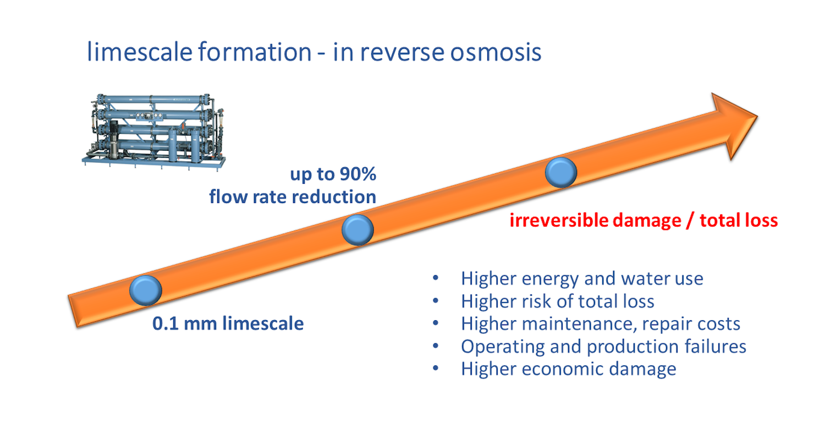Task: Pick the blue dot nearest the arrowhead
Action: click(x=561, y=172)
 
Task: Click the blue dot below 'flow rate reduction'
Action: click(x=358, y=230)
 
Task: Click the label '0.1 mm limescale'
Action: click(x=228, y=323)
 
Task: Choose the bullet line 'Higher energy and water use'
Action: click(x=582, y=279)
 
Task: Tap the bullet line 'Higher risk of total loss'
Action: click(x=558, y=301)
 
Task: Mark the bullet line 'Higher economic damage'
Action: click(x=569, y=369)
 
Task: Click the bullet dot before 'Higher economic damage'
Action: click(x=436, y=369)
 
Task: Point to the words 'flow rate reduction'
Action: click(x=293, y=196)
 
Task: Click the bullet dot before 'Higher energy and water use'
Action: click(x=436, y=279)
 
